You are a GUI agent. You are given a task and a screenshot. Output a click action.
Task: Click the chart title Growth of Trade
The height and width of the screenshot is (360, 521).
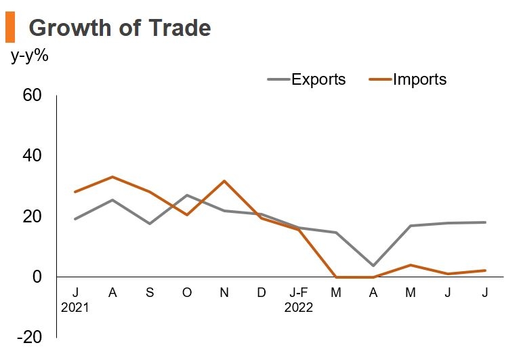[x=120, y=28]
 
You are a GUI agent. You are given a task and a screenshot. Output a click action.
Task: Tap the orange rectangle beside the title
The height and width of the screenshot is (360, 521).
[x=9, y=28]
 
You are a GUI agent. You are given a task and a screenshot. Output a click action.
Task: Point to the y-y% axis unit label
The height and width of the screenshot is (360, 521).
[x=30, y=56]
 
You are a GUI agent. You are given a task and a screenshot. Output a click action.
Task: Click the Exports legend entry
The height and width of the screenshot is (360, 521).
[x=318, y=79]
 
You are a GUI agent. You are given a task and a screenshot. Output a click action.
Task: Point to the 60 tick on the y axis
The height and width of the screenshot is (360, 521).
[x=33, y=96]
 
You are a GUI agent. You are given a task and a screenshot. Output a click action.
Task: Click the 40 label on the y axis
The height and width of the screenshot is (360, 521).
[x=33, y=156]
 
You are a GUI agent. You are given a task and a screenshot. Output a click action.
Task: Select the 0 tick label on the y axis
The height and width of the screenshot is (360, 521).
[x=37, y=277]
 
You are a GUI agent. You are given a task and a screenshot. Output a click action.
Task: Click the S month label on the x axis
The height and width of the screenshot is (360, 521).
[x=150, y=292]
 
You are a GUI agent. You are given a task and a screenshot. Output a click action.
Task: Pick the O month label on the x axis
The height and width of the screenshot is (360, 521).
[x=187, y=292]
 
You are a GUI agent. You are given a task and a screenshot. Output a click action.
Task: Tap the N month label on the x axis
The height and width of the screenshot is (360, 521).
[x=224, y=292]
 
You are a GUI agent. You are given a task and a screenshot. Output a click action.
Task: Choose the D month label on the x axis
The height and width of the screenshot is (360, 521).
[x=262, y=292]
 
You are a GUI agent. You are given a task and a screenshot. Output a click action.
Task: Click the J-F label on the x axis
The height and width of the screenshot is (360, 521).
[x=299, y=292]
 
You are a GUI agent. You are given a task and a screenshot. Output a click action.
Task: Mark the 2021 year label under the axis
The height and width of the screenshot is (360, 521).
[x=75, y=307]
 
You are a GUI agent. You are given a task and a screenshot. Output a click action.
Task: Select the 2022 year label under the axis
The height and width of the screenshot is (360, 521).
[x=299, y=307]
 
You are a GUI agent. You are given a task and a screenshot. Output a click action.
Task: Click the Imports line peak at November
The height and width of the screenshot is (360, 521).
[x=224, y=181]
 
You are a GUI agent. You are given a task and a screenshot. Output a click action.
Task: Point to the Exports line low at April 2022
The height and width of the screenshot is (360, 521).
[x=373, y=265]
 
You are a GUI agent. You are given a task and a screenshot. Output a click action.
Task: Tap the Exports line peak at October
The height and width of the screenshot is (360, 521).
[x=187, y=195]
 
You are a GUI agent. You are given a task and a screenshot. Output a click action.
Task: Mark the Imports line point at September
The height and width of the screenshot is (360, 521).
[x=150, y=192]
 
